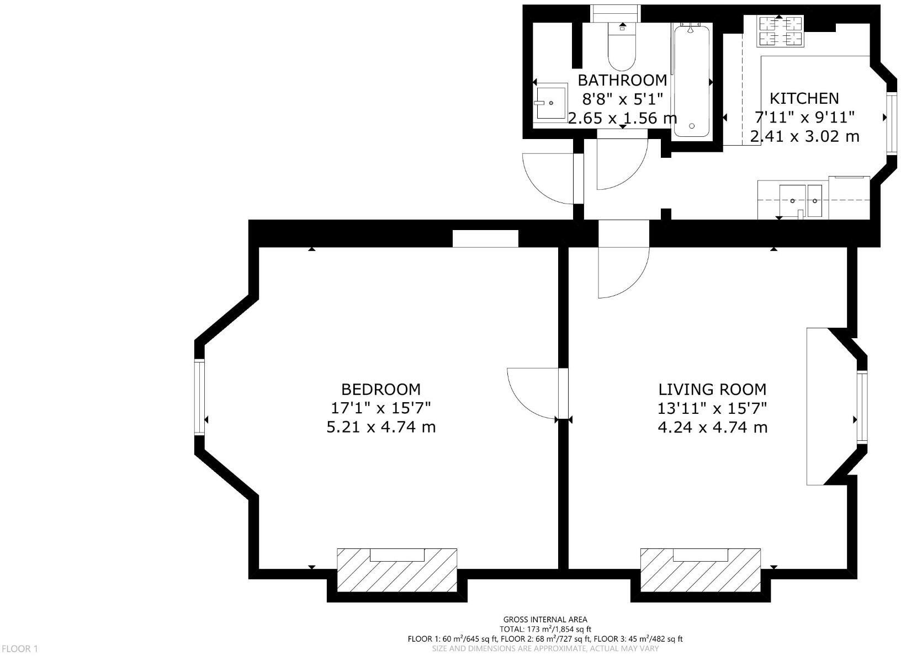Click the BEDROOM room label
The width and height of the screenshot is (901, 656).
click(380, 390)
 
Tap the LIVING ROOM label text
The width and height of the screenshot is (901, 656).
click(712, 390)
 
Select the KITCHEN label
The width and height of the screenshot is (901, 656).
click(804, 99)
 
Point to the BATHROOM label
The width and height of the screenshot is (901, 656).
click(622, 81)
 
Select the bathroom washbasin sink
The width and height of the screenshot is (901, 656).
click(550, 102)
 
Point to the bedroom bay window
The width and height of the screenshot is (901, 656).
click(199, 397)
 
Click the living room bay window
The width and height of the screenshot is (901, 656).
click(862, 407)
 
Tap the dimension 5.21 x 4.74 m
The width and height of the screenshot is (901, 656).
click(381, 427)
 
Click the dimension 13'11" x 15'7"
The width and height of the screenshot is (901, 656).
click(712, 409)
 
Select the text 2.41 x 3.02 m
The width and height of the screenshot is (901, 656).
click(804, 136)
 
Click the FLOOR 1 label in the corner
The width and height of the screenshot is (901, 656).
click(19, 649)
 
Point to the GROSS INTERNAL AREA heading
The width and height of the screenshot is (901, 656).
click(545, 620)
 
